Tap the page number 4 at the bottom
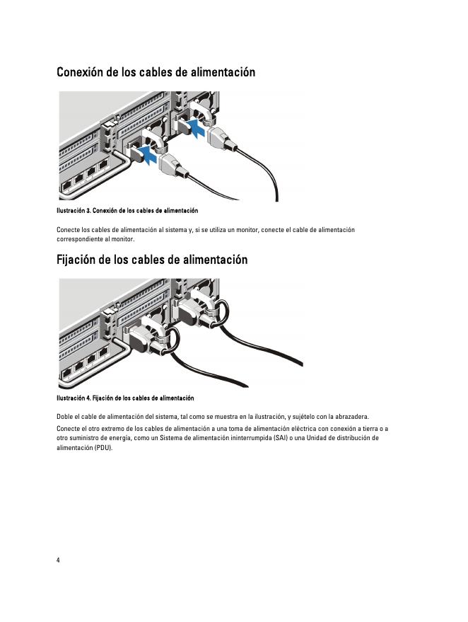tap(58, 560)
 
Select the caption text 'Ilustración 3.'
tap(74, 211)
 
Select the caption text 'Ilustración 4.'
tap(74, 398)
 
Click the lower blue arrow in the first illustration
tap(148, 156)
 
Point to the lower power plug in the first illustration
tap(172, 166)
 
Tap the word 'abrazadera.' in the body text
tap(352, 417)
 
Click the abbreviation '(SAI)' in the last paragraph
tap(280, 438)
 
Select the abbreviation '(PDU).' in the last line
tap(104, 448)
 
